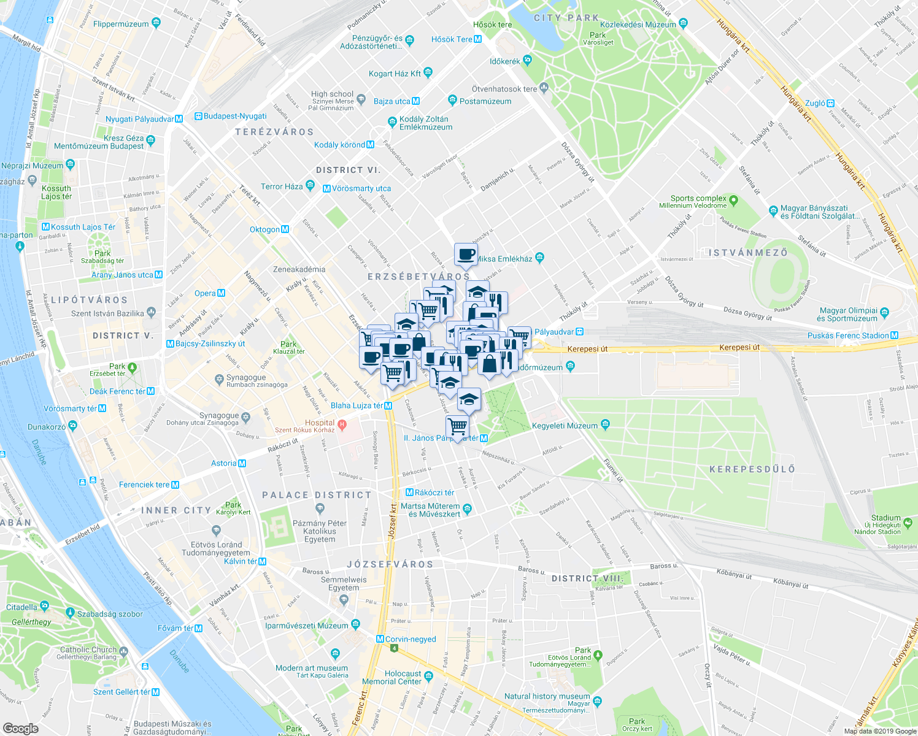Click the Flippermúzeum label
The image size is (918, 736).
point(121,24)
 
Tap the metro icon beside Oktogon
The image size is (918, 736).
point(285,229)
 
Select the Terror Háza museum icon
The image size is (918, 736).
point(310,185)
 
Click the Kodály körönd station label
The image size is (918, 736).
point(339,145)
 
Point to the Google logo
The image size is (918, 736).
point(20,728)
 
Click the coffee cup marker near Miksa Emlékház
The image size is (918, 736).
point(466,254)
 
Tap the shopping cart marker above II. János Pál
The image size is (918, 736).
point(457,426)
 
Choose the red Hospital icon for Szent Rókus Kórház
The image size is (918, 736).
point(342,424)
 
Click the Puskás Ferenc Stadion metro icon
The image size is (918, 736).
point(894,335)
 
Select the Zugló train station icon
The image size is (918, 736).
point(830,103)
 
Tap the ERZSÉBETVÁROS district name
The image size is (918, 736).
point(418,277)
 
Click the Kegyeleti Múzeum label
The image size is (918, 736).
point(565,426)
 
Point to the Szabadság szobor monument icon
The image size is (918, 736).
point(71,613)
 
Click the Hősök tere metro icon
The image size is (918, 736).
point(478,39)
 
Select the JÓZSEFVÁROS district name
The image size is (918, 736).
point(390,564)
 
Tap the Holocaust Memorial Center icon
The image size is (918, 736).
point(428,676)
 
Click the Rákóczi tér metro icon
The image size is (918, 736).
point(410,493)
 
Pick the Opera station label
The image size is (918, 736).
point(205,293)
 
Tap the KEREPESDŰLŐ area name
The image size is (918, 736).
point(752,469)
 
